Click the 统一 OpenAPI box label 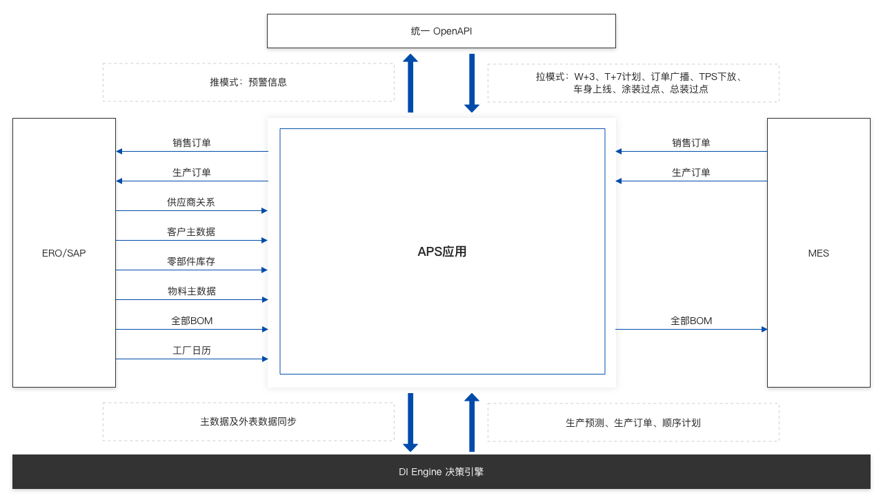(x=441, y=31)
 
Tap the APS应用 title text (x=442, y=251)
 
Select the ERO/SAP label (x=64, y=253)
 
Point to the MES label (x=818, y=253)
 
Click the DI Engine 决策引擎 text (x=441, y=472)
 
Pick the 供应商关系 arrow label (x=191, y=202)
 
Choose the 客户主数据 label (x=191, y=232)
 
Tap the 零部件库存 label (x=191, y=261)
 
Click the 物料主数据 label (x=192, y=291)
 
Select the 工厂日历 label (x=192, y=350)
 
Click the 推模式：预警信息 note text (x=248, y=82)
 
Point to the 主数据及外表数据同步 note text (x=248, y=421)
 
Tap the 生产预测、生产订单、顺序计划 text (x=633, y=423)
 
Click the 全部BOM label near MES (x=691, y=321)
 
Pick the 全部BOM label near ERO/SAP (x=192, y=321)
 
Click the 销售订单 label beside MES (x=691, y=143)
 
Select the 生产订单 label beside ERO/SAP (x=192, y=172)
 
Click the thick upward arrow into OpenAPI (x=410, y=83)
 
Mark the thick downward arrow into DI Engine (x=410, y=422)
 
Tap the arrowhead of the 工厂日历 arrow (x=265, y=359)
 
